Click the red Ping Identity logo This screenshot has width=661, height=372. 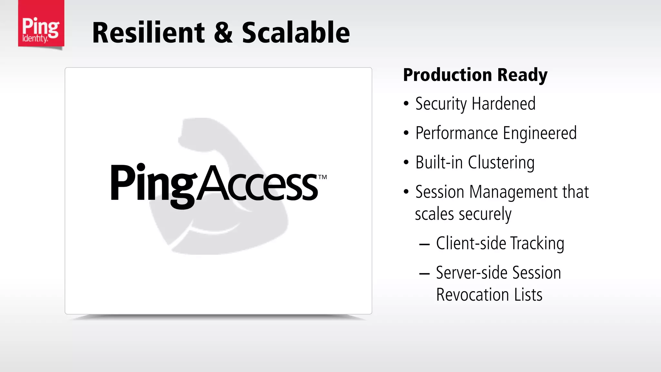pos(41,24)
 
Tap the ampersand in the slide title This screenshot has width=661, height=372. pos(223,33)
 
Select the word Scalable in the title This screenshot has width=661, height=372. pos(296,33)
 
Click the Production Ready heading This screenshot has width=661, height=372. pos(475,75)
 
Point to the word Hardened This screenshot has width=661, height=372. pos(503,104)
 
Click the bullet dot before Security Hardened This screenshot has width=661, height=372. pos(406,104)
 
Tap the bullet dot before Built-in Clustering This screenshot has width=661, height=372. pos(406,162)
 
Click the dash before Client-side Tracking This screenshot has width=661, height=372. pos(424,244)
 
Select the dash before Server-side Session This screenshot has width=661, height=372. pos(424,274)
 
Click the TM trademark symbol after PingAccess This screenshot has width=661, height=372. pos(322,177)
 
